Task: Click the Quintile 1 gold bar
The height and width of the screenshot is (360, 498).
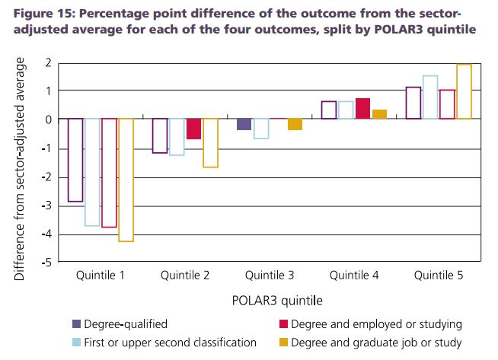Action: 126,180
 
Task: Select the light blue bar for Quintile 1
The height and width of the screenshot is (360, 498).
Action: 92,172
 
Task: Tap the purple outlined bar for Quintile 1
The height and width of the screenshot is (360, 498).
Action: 75,160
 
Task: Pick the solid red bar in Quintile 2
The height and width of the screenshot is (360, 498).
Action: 193,129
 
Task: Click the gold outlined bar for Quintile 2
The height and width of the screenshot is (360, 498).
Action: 210,143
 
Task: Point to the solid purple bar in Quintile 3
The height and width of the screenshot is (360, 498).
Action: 244,124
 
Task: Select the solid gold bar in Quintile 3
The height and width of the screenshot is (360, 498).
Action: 295,124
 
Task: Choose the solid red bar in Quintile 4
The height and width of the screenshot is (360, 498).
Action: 362,109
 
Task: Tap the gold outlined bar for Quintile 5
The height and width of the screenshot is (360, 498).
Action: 464,91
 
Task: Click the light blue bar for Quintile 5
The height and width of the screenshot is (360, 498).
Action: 430,97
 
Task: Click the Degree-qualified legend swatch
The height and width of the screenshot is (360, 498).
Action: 77,323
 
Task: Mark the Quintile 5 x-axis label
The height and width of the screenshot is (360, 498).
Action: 439,276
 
